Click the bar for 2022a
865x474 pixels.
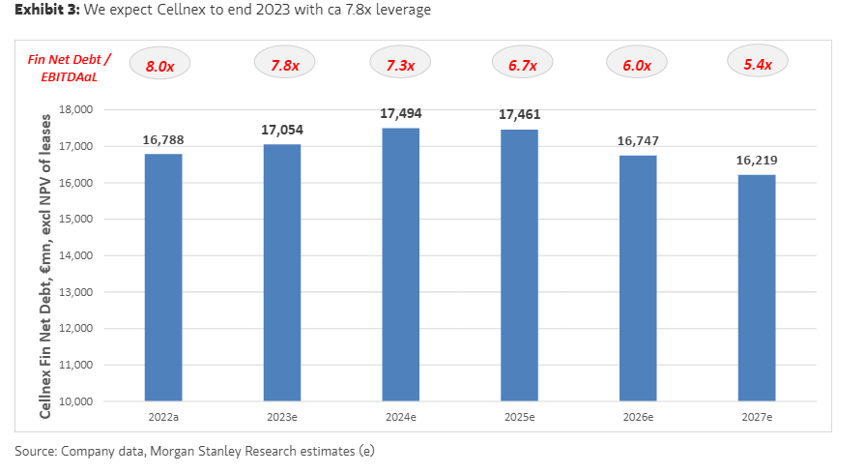[x=163, y=277]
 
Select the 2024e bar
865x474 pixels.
[x=400, y=264]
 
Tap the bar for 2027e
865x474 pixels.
[x=756, y=287]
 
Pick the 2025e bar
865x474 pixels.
[x=519, y=264]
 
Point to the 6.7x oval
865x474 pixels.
[x=519, y=65]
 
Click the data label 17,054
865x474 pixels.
[x=281, y=129]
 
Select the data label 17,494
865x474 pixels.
[x=400, y=113]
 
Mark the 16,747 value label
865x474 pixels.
[x=637, y=140]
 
